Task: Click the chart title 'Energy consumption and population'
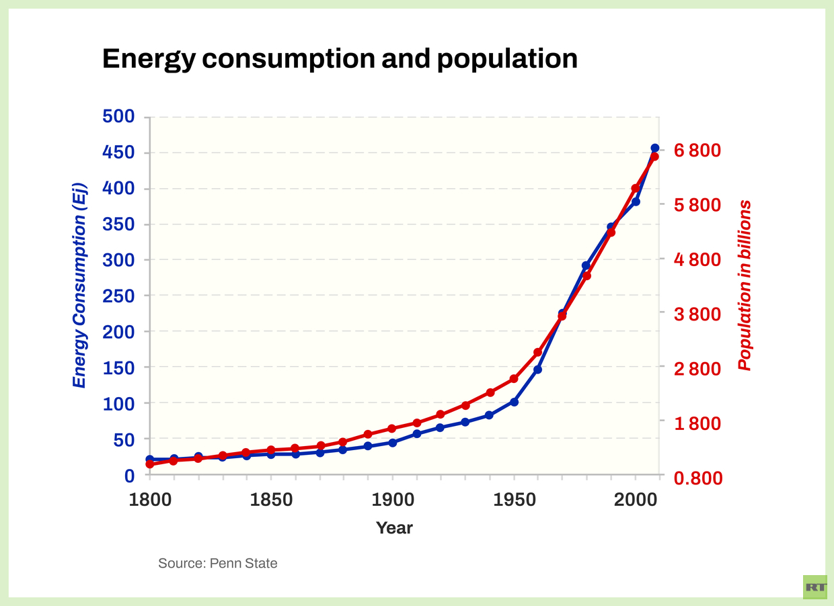coord(340,59)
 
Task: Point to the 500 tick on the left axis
coord(118,117)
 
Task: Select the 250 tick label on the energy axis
coord(118,296)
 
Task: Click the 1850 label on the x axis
coord(270,500)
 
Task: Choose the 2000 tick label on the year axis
coord(636,500)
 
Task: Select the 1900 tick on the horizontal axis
coord(393,500)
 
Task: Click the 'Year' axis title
coord(394,527)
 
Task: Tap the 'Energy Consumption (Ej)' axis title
coord(79,285)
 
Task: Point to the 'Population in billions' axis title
coord(744,285)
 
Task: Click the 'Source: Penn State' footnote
coord(217,563)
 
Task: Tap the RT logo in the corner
coord(815,587)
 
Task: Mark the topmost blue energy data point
coord(655,148)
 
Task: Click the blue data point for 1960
coord(538,370)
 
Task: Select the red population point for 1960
coord(538,352)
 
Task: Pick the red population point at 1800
coord(149,464)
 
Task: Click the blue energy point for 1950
coord(514,402)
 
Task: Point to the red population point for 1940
coord(490,392)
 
